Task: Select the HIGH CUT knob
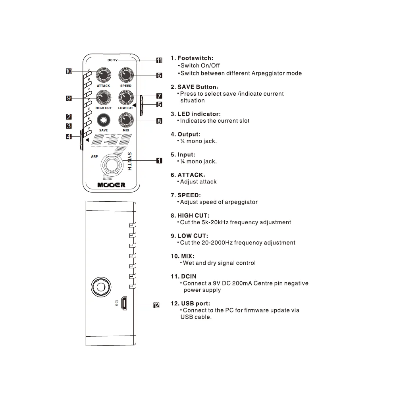104,98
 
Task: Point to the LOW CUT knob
126,98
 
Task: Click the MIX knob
126,120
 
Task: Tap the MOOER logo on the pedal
112,185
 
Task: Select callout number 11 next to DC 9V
159,60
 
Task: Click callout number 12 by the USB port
156,305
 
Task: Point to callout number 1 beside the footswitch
159,161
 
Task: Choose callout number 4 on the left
69,137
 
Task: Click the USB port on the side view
124,303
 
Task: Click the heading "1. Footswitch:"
192,58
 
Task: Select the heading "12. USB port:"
191,304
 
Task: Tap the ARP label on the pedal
94,156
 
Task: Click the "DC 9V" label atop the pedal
113,60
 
